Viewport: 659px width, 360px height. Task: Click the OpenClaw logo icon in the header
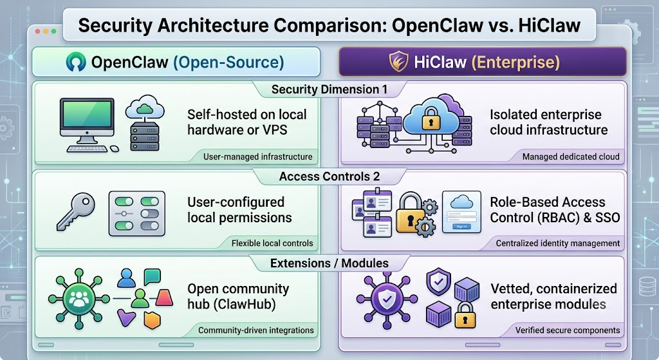click(76, 61)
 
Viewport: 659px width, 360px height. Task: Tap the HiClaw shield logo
click(398, 61)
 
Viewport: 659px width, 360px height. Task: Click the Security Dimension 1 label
click(329, 89)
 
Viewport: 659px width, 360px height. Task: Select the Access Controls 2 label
click(329, 176)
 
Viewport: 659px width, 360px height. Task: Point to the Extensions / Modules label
click(329, 263)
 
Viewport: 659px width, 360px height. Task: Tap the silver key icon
click(76, 211)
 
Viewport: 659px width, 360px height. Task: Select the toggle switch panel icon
click(136, 213)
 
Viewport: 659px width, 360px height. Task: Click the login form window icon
click(461, 211)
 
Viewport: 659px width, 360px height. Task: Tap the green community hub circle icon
click(79, 299)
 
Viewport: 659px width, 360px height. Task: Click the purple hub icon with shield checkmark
click(387, 299)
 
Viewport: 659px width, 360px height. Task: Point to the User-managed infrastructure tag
click(257, 157)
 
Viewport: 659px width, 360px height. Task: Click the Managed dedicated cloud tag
click(571, 157)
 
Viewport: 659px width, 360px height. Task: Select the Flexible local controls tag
click(272, 243)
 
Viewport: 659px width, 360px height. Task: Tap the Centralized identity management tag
click(558, 243)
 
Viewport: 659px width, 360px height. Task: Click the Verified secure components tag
click(568, 330)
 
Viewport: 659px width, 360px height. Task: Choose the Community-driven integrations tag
click(256, 330)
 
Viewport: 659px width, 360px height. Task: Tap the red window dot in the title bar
click(38, 31)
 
